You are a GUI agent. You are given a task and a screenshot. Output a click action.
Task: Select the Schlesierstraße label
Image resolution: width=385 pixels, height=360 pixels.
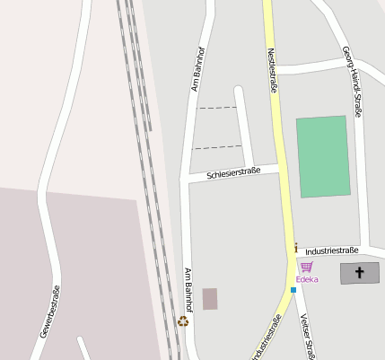(232, 171)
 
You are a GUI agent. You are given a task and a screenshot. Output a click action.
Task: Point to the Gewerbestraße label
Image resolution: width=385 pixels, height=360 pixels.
(50, 312)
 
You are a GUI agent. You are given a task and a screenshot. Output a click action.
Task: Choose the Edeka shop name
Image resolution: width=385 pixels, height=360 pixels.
(307, 279)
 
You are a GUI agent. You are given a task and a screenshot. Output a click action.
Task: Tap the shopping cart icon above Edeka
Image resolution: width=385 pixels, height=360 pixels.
(307, 267)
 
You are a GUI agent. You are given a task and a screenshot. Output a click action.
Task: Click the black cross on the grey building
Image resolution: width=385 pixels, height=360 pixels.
(360, 273)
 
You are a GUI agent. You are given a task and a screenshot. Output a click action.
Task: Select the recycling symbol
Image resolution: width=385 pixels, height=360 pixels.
(183, 320)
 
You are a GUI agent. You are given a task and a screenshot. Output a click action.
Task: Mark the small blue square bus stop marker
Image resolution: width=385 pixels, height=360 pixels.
(293, 290)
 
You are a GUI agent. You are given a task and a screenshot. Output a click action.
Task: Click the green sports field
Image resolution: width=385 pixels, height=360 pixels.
(322, 155)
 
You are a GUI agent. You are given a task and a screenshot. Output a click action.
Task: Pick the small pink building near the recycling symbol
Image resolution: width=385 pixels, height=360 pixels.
(210, 299)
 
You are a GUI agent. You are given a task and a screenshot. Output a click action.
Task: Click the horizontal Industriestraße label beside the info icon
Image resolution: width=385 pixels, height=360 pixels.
(332, 250)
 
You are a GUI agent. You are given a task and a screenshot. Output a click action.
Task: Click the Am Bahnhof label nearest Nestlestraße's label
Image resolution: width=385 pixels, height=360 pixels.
(196, 71)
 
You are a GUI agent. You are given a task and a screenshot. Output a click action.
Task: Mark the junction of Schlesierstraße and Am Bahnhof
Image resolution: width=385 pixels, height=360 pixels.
(186, 179)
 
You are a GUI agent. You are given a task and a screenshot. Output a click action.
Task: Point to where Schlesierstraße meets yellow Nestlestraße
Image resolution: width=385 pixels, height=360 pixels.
(279, 166)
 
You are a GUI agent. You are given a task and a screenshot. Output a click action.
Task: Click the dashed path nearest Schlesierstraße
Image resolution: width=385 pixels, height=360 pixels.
(218, 146)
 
